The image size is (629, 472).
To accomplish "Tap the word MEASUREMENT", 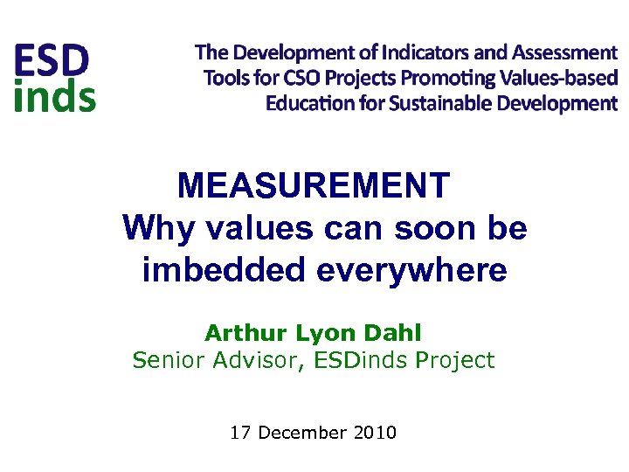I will point(314,185).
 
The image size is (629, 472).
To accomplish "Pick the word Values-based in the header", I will point(559,78).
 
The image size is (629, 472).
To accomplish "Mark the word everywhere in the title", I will point(411,271).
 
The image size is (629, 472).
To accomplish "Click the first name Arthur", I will point(238,333).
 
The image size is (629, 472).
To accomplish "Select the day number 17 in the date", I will point(239,432).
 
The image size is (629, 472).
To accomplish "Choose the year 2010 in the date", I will point(376,432).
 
